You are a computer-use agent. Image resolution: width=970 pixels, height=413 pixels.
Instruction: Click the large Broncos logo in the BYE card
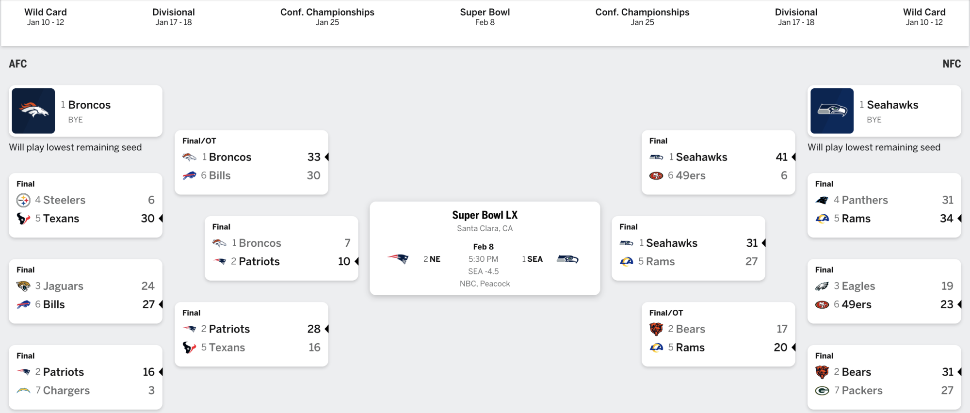click(x=33, y=111)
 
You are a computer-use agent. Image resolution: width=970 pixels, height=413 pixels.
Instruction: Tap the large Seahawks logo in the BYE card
click(x=832, y=111)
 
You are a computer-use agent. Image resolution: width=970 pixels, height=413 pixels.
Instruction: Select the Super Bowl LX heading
click(x=485, y=215)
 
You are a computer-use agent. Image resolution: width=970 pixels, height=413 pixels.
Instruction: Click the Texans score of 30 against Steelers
click(x=147, y=219)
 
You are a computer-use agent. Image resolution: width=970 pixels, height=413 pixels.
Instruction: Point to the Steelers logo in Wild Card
click(x=23, y=200)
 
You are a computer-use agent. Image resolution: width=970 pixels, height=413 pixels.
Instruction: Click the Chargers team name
click(x=66, y=391)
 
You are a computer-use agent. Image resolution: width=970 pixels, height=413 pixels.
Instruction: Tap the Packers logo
click(x=822, y=391)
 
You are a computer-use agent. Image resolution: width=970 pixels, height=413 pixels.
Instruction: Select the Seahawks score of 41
click(x=781, y=157)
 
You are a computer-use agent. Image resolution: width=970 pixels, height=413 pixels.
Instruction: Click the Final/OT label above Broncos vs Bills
click(x=199, y=141)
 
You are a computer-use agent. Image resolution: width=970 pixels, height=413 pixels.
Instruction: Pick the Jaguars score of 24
click(x=147, y=286)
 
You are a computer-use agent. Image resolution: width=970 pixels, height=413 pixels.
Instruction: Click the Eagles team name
click(x=858, y=286)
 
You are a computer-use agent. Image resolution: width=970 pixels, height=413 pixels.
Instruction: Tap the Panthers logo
click(x=822, y=200)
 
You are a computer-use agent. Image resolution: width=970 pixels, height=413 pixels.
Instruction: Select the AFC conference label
click(x=18, y=64)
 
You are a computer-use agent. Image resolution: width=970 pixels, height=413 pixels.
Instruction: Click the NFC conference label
click(x=952, y=64)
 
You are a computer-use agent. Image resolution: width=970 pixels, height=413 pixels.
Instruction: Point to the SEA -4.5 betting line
click(x=483, y=271)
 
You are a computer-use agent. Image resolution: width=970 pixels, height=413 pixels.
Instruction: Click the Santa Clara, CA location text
click(x=485, y=228)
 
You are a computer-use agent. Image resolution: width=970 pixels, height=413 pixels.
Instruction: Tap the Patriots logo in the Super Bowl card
click(x=399, y=259)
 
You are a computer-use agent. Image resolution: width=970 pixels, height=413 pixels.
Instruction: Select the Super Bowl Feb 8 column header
click(x=485, y=16)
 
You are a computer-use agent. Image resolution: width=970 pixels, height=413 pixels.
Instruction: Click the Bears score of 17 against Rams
click(x=781, y=329)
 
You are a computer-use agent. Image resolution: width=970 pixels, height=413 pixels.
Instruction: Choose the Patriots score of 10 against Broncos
click(x=344, y=262)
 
